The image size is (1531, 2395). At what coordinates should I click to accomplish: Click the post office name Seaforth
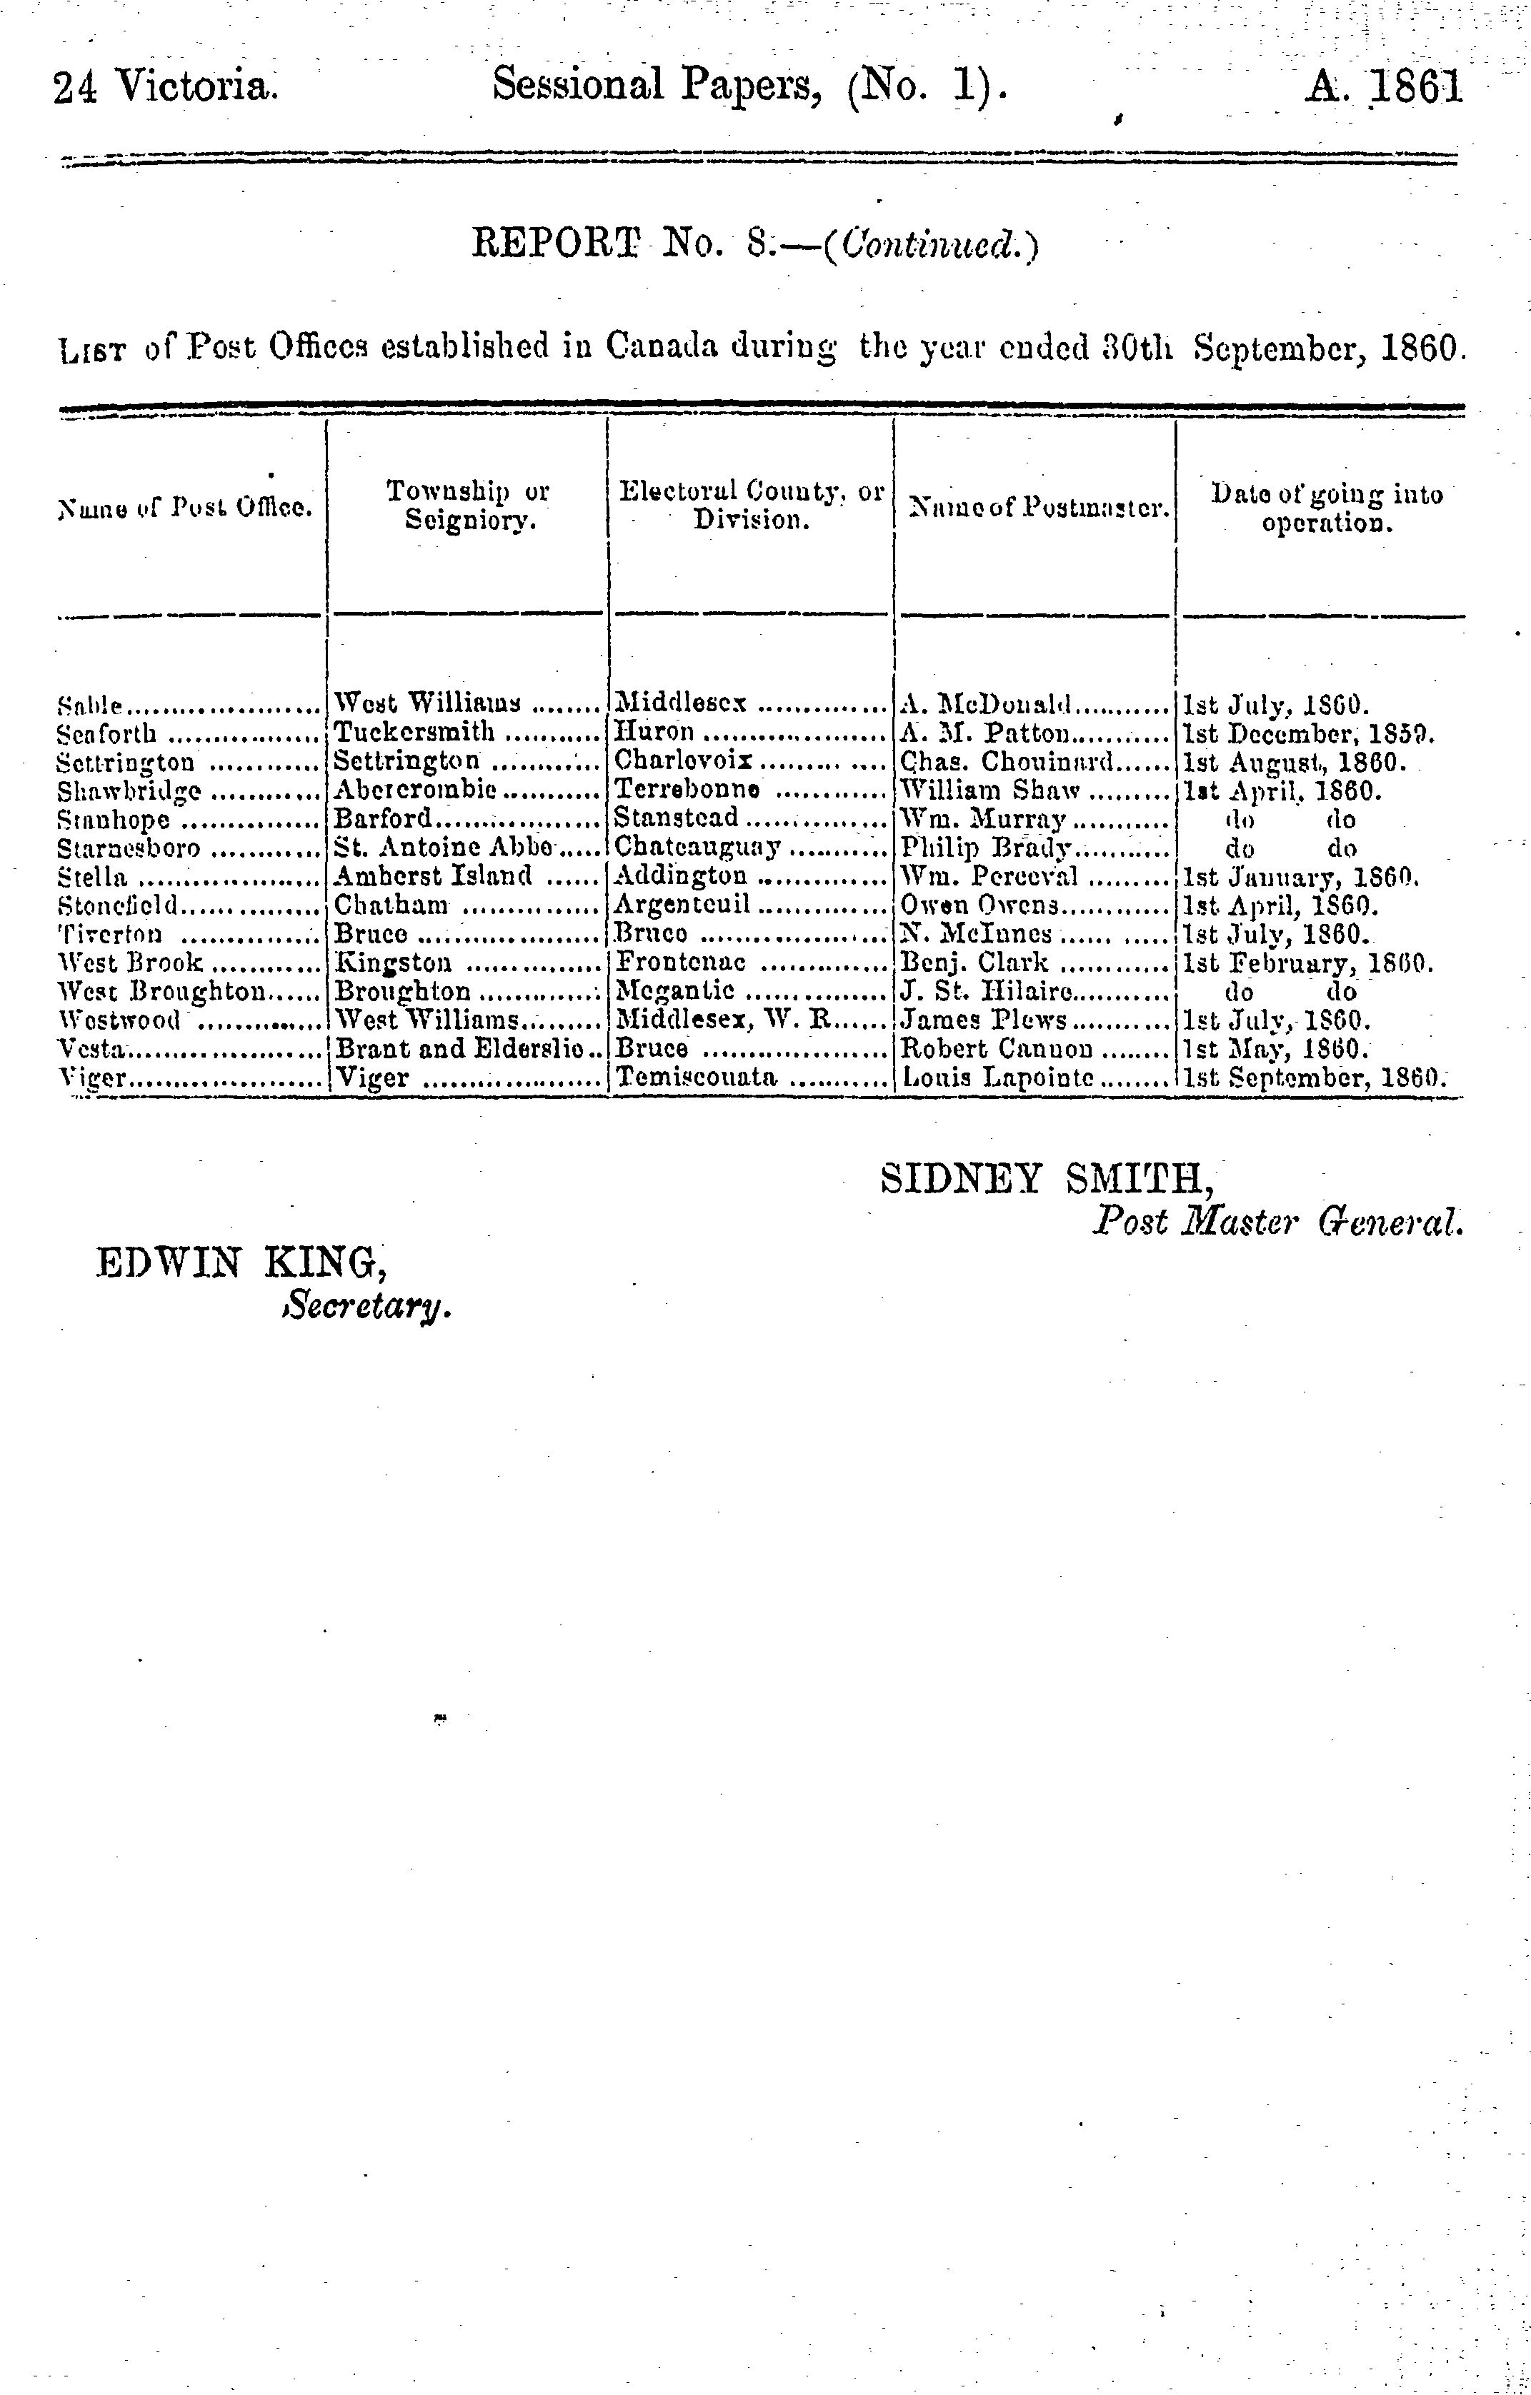point(107,735)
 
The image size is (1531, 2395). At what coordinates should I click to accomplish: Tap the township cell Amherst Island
point(433,876)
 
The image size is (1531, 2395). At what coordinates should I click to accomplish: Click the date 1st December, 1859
point(1306,735)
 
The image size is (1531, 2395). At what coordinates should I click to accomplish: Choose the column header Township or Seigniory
point(467,506)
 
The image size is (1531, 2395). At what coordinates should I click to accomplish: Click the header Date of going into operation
point(1326,507)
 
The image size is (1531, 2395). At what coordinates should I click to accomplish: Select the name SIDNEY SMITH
point(1047,1180)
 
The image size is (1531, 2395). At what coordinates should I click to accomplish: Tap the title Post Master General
point(1278,1221)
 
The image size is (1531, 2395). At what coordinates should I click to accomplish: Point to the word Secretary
point(367,1305)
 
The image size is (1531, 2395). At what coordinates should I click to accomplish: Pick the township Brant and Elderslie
point(459,1048)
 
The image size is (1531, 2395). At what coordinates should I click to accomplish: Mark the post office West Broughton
point(162,992)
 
